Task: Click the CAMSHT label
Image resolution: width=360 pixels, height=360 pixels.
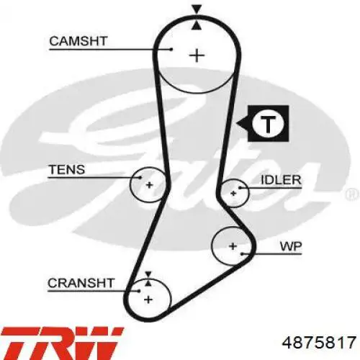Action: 78,41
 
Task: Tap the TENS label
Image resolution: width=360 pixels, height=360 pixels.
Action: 67,169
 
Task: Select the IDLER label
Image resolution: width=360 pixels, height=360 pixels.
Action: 281,180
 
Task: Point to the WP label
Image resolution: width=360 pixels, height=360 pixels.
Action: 291,246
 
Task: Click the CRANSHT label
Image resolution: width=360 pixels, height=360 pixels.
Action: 81,283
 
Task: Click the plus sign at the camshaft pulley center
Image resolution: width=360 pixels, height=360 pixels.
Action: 197,55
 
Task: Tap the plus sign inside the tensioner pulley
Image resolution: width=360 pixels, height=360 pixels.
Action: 149,185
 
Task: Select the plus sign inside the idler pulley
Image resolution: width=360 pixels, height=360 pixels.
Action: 233,193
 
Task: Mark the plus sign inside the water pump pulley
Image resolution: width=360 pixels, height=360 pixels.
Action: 233,246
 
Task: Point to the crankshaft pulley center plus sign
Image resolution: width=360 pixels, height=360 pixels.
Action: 148,300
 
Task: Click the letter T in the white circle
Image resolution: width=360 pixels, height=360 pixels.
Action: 268,124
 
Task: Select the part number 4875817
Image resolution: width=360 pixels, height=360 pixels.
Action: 319,343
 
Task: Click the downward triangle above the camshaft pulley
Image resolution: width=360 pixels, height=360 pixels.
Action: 197,9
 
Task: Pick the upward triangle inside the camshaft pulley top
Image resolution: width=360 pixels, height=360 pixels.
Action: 197,25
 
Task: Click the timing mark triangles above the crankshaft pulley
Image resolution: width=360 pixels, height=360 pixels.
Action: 148,279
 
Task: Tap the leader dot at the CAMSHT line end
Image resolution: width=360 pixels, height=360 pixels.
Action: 171,50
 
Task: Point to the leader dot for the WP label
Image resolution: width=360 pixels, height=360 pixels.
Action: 243,253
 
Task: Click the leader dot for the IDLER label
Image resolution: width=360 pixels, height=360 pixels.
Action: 240,188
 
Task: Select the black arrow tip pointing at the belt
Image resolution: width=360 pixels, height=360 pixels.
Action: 237,124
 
